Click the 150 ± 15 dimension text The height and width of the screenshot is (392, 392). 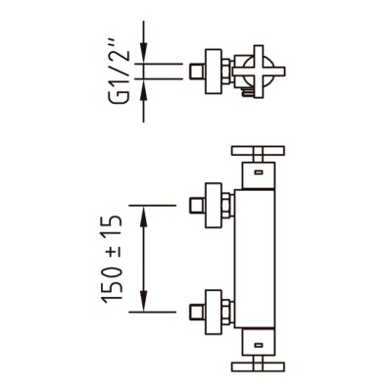pos(113,258)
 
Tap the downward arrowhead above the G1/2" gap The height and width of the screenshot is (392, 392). pos(144,51)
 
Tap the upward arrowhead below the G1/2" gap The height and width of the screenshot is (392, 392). pos(144,90)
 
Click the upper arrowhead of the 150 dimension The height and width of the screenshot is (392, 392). pos(144,217)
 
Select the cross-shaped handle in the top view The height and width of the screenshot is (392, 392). pos(259,71)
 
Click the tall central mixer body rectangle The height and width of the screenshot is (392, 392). pos(255,258)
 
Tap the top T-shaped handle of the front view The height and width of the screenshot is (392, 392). pos(258,154)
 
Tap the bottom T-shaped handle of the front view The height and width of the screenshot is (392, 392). pos(258,363)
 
